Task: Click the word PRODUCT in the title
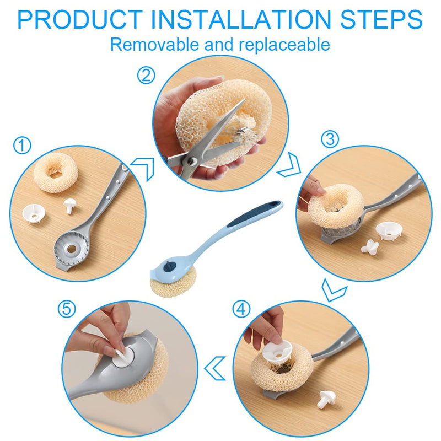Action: (80, 19)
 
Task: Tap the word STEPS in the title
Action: (381, 19)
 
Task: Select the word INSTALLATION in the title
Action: (241, 19)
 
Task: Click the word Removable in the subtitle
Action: (154, 44)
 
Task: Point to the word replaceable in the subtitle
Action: (284, 45)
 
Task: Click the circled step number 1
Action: (22, 145)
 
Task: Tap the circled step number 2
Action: (146, 75)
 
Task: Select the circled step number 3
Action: (330, 139)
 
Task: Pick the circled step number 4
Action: (241, 309)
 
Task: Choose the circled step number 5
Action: (67, 309)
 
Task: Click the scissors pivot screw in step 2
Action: (192, 161)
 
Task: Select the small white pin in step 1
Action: (69, 206)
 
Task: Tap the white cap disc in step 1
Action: (34, 214)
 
